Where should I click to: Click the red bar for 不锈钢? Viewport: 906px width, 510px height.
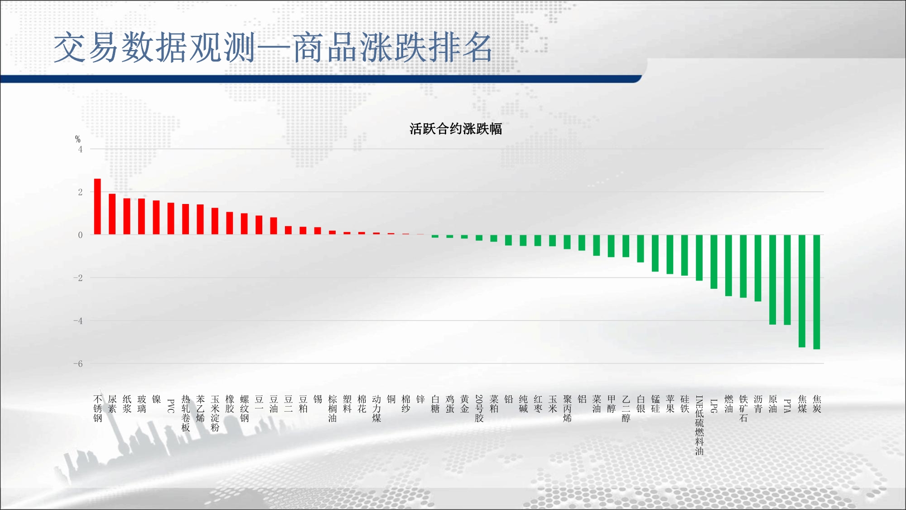[x=97, y=207]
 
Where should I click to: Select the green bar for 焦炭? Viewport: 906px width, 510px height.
[x=817, y=292]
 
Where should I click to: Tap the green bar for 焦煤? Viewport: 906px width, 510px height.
[x=802, y=291]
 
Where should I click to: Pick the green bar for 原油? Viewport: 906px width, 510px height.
[x=773, y=280]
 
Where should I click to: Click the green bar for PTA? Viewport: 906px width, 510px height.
[x=787, y=280]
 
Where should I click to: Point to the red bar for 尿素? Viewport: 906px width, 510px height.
[x=112, y=214]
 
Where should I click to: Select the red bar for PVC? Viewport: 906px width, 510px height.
[x=171, y=219]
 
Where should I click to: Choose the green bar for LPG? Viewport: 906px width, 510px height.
[x=714, y=262]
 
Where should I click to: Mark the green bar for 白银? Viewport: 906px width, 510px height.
[x=641, y=248]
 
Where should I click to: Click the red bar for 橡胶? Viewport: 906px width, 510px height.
[x=230, y=223]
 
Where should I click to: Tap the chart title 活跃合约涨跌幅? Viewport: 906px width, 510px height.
[x=456, y=129]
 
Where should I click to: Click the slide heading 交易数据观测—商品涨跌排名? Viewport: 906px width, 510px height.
[x=273, y=47]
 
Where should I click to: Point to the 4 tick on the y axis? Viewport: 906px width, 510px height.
[x=80, y=149]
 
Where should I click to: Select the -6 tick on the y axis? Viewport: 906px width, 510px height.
[x=78, y=364]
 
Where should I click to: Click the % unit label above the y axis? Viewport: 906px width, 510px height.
[x=77, y=139]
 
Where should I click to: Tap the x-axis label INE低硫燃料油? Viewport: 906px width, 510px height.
[x=699, y=425]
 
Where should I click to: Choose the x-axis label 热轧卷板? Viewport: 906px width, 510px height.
[x=186, y=413]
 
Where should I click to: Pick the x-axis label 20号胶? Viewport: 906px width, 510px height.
[x=479, y=408]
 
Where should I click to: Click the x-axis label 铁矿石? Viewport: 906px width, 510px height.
[x=743, y=408]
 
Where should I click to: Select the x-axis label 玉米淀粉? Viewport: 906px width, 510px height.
[x=215, y=413]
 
